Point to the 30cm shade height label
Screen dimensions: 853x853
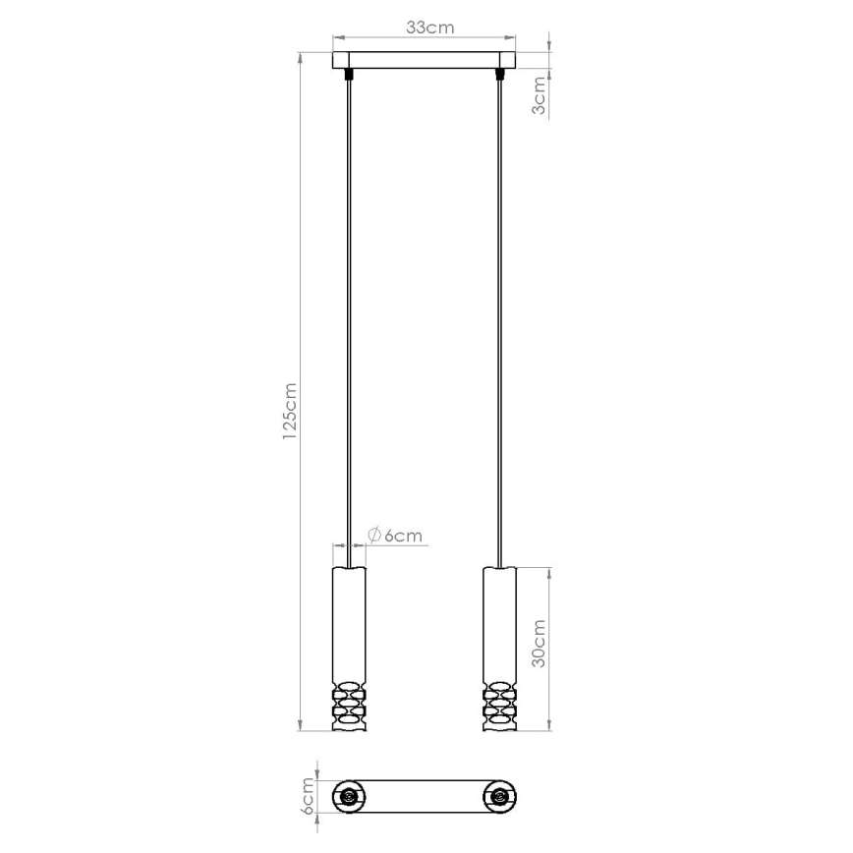(x=539, y=644)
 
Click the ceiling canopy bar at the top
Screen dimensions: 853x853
(x=425, y=59)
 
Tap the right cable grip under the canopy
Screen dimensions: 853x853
(x=502, y=73)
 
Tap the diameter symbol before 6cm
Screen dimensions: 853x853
(x=374, y=535)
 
